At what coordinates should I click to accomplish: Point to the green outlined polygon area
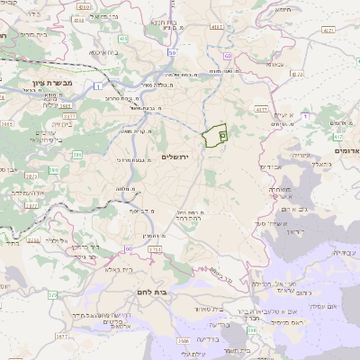coord(214,136)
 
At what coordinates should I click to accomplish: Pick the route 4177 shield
coord(262,109)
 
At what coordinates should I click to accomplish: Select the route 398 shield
coord(252,330)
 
